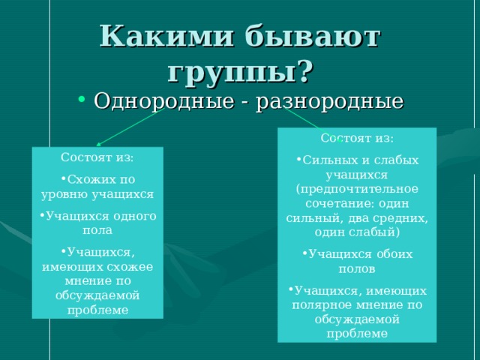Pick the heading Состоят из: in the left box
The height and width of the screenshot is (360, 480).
pyautogui.click(x=97, y=157)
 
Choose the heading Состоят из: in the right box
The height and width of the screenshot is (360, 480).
pyautogui.click(x=356, y=139)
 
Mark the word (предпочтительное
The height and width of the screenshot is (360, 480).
pyautogui.click(x=357, y=187)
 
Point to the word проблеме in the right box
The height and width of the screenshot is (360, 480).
pyautogui.click(x=357, y=334)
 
